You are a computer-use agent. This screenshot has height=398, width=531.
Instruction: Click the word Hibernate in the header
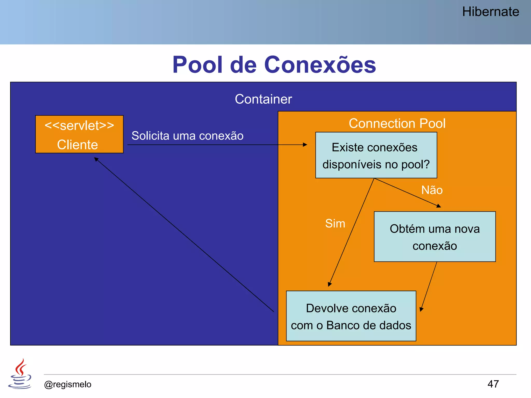pyautogui.click(x=490, y=12)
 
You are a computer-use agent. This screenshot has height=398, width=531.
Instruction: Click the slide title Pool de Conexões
pyautogui.click(x=274, y=65)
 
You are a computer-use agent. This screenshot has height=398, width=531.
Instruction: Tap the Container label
pyautogui.click(x=263, y=99)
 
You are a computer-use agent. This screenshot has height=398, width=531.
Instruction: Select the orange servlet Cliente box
pyautogui.click(x=79, y=134)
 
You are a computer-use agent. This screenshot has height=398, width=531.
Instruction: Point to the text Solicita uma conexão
pyautogui.click(x=187, y=136)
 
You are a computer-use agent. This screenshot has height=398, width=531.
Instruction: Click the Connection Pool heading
pyautogui.click(x=397, y=123)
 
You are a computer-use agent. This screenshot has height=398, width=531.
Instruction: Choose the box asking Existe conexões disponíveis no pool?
pyautogui.click(x=376, y=155)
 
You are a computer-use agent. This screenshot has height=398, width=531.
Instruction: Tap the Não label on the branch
pyautogui.click(x=432, y=190)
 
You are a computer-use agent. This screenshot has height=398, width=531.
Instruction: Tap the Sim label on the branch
pyautogui.click(x=335, y=223)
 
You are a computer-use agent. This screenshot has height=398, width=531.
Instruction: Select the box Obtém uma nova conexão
pyautogui.click(x=435, y=237)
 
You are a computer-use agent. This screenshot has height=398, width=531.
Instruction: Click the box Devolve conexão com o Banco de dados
pyautogui.click(x=351, y=316)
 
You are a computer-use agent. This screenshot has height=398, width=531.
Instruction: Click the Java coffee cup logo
pyautogui.click(x=20, y=374)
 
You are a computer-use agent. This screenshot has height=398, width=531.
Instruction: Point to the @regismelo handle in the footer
pyautogui.click(x=68, y=384)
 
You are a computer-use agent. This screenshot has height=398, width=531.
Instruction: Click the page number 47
pyautogui.click(x=493, y=384)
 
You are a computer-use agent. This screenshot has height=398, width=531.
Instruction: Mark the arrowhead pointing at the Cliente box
pyautogui.click(x=96, y=159)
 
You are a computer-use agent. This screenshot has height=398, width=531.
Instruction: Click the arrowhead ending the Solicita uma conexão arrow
pyautogui.click(x=305, y=145)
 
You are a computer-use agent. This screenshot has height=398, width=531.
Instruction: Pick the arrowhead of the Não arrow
pyautogui.click(x=439, y=206)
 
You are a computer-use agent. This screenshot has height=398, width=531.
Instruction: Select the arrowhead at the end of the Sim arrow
pyautogui.click(x=330, y=284)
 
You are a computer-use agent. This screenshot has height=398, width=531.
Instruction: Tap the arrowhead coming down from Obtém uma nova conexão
pyautogui.click(x=421, y=309)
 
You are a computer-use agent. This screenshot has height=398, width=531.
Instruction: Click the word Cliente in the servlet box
pyautogui.click(x=78, y=145)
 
